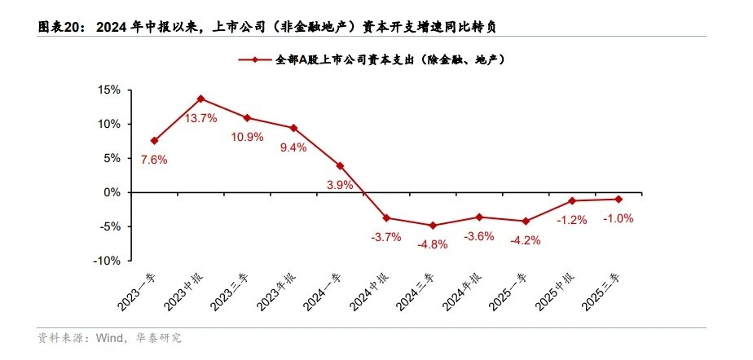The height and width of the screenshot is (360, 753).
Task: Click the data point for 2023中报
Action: tap(200, 99)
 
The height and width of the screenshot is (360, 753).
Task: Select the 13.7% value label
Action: tap(200, 119)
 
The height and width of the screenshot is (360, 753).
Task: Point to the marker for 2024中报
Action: tap(386, 217)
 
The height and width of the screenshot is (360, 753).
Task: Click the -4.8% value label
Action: tap(433, 244)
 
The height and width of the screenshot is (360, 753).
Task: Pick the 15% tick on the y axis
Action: tap(110, 90)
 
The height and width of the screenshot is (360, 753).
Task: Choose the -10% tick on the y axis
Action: tap(108, 261)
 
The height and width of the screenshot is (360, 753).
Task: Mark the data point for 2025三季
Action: tap(619, 199)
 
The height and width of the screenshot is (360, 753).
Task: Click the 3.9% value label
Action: tap(340, 185)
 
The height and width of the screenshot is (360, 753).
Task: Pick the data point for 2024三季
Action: tap(433, 226)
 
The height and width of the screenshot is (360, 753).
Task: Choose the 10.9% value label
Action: tap(248, 137)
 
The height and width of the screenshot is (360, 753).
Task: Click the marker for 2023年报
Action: tap(293, 128)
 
